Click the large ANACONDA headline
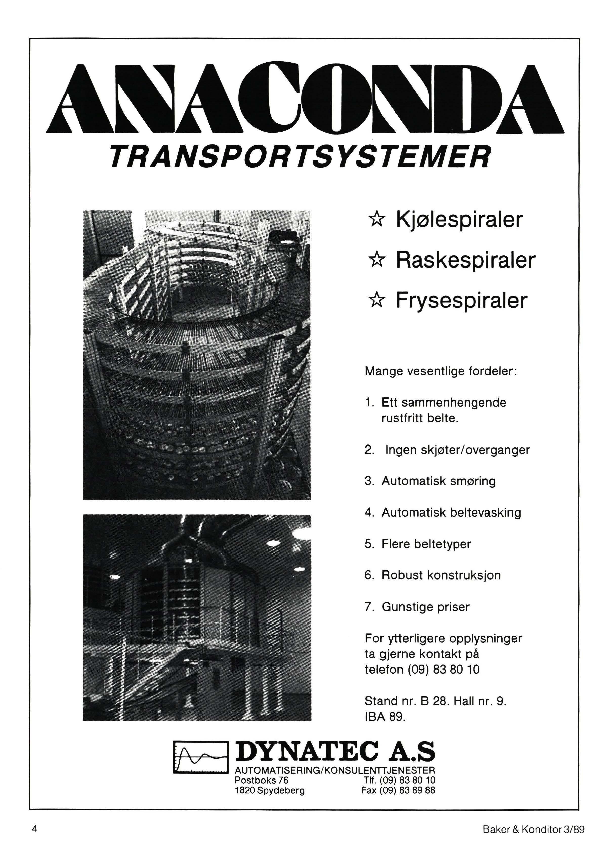coord(305,99)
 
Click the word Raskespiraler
coord(465,260)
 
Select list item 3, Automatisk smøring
coord(438,481)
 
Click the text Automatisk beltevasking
coord(451,513)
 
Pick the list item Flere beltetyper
coord(426,544)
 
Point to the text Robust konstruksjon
coord(441,575)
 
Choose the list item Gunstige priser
coord(425,607)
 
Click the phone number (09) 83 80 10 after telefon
coord(443,669)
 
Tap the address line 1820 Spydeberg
coord(269,790)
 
